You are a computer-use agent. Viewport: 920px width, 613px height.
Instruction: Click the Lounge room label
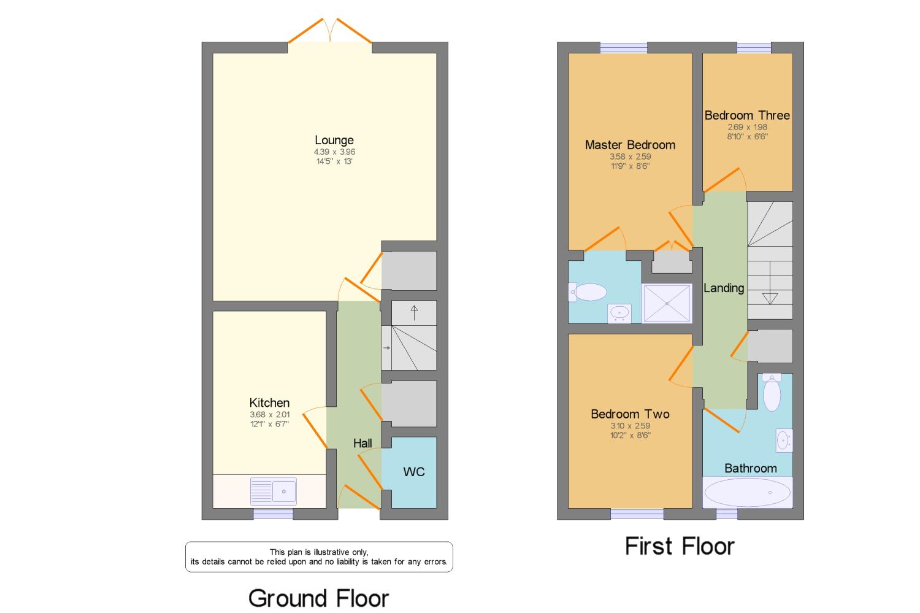(x=334, y=140)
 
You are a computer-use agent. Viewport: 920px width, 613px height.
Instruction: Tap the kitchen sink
(x=273, y=491)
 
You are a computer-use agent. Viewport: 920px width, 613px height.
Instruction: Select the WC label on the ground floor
(x=413, y=472)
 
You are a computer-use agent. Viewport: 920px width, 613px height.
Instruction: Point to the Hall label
(x=362, y=443)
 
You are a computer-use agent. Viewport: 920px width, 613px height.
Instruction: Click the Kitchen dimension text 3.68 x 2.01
(x=269, y=415)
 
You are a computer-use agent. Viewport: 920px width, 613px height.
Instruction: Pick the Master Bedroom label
(x=630, y=145)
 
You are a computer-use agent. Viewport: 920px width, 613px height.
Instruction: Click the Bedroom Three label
(x=747, y=115)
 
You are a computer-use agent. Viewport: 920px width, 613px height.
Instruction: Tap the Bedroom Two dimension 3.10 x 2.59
(x=630, y=426)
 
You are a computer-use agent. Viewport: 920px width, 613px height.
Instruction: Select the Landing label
(x=724, y=288)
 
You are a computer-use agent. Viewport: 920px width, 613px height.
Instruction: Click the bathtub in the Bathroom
(x=748, y=492)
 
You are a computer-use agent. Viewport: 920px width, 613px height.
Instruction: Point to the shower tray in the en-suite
(x=667, y=303)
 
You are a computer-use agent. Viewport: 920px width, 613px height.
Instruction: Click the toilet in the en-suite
(x=588, y=292)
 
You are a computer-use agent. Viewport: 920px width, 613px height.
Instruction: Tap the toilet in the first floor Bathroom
(x=772, y=392)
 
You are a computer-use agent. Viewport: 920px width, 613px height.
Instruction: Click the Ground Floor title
(x=318, y=598)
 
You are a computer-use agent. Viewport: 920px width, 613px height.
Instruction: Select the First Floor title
(x=680, y=547)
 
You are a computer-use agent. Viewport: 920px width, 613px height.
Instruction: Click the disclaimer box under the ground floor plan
(x=319, y=557)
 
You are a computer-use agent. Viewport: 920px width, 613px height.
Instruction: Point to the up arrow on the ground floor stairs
(x=414, y=313)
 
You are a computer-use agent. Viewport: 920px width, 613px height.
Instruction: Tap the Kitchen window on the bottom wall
(x=273, y=514)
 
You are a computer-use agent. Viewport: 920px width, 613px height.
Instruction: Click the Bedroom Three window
(x=754, y=48)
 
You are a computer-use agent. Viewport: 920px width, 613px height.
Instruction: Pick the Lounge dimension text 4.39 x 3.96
(x=334, y=152)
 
